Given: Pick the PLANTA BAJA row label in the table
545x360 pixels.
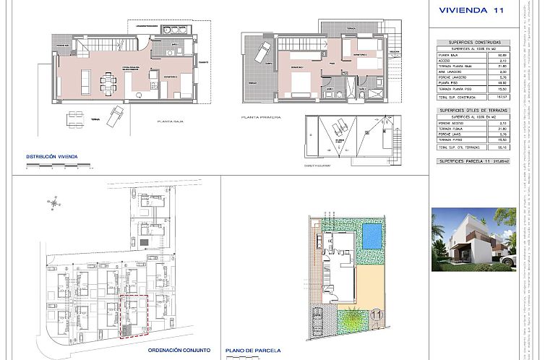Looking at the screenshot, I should (x=449, y=55).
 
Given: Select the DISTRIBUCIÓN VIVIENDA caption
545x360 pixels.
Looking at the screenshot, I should (x=51, y=156).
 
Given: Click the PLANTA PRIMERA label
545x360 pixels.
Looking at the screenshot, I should (x=260, y=116).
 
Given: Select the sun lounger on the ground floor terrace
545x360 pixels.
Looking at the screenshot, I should (x=116, y=115).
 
